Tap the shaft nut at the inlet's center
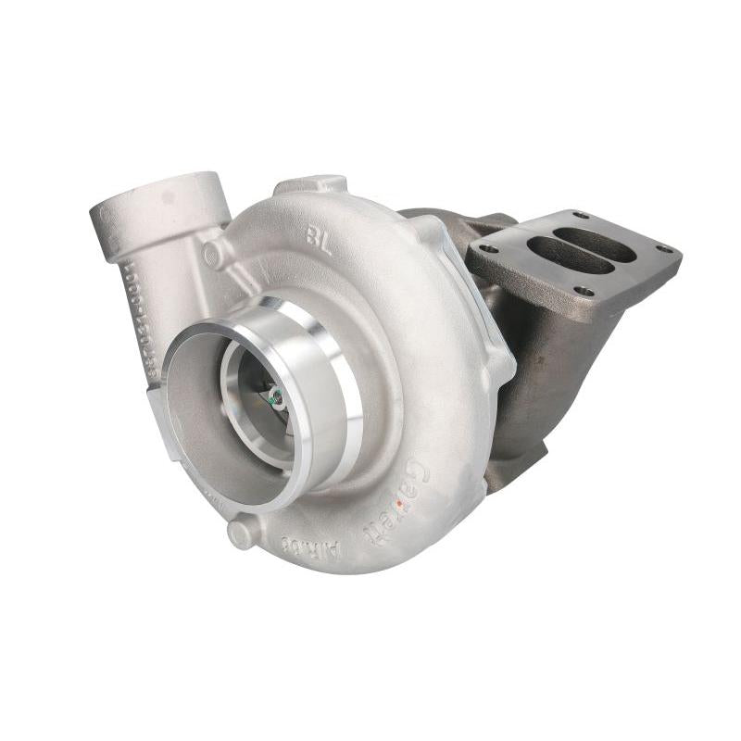click(x=276, y=399)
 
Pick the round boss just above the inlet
click(x=214, y=254)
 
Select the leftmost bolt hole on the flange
click(x=488, y=247)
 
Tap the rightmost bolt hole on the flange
click(x=664, y=248)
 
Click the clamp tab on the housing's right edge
click(x=500, y=366)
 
